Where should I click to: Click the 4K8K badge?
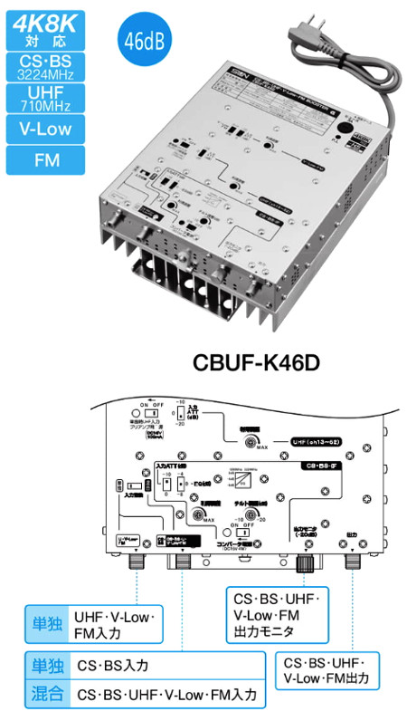point(45,27)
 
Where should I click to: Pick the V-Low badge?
point(45,130)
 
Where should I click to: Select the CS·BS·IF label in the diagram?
point(326,465)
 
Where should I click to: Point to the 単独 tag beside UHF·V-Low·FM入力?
point(45,626)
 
